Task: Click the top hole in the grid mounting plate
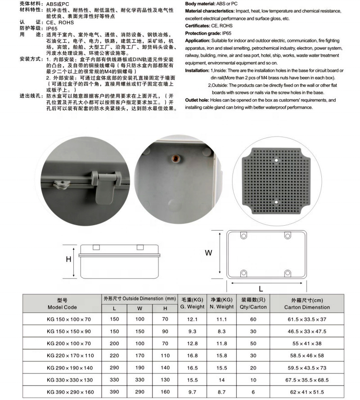click(276, 160)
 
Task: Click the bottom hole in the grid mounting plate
click(276, 203)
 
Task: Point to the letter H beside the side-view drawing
click(68, 259)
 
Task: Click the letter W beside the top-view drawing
click(208, 253)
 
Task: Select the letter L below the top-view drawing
click(261, 289)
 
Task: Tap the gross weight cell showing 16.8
click(193, 356)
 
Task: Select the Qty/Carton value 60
click(253, 319)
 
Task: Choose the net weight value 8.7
click(221, 392)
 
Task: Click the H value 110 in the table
click(165, 356)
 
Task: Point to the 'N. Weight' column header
click(221, 307)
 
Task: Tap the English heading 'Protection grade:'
click(203, 33)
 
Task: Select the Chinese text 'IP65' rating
click(53, 27)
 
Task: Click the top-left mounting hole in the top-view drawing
click(243, 236)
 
